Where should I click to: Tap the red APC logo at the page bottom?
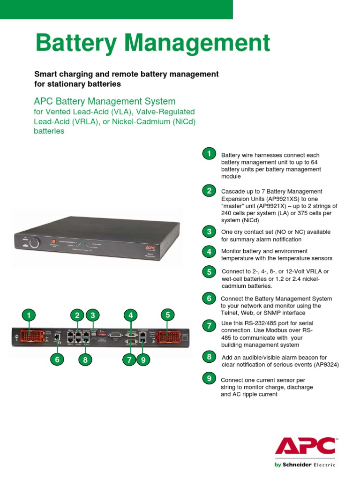point(305,447)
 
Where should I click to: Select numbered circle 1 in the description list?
point(209,153)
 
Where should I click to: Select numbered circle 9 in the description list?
point(209,378)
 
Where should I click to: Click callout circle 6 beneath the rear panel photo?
point(57,360)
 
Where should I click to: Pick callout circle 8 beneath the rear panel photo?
point(85,360)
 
